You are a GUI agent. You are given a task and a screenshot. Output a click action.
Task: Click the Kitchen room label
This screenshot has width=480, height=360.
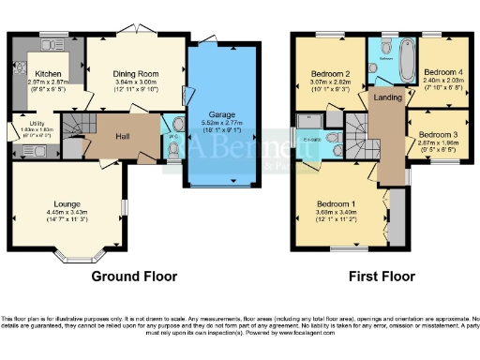[x=49, y=73]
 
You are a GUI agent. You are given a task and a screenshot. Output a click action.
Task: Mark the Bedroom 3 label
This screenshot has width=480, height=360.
[x=439, y=136]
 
